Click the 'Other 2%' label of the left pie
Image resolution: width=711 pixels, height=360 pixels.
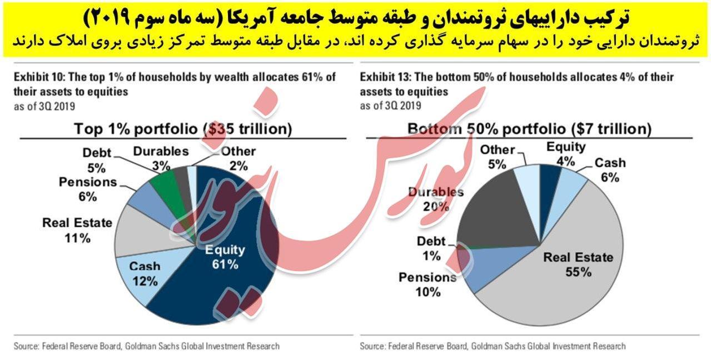point(238,158)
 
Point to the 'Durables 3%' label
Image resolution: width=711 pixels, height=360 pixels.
point(161,158)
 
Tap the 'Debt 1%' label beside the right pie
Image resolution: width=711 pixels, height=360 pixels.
point(431,248)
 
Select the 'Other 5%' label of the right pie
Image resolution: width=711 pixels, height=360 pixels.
point(498,157)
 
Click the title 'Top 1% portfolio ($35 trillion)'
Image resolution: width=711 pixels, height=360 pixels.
point(183,129)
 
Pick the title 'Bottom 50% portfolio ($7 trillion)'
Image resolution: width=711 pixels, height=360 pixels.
point(529,129)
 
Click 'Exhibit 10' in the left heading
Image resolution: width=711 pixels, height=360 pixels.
point(39,77)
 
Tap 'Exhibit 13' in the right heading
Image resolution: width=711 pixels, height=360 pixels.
point(385,77)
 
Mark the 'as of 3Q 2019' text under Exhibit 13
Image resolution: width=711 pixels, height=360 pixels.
point(390,106)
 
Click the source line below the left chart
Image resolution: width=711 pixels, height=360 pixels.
point(147,346)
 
